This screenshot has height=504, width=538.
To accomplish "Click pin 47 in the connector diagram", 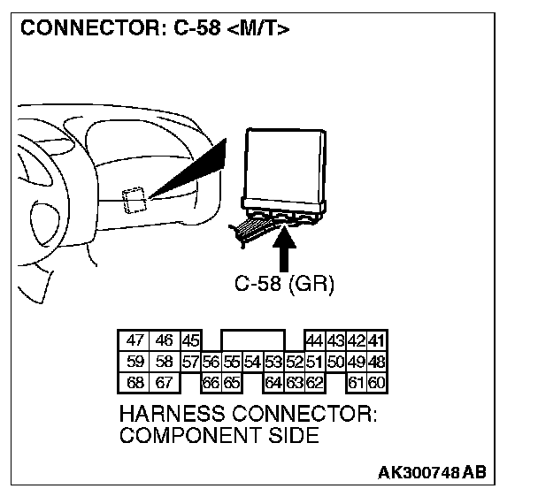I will (x=135, y=341).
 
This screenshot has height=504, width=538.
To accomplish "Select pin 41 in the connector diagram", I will (x=376, y=341).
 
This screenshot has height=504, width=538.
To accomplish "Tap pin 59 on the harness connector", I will (x=135, y=362).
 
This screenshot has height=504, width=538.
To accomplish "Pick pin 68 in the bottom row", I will (x=135, y=383).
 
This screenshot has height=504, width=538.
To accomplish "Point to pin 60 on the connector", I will (x=376, y=383).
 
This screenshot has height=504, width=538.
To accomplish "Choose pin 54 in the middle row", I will (x=252, y=362).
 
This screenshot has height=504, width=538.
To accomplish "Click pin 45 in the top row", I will (x=190, y=341).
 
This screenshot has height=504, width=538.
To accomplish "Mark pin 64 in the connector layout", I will (x=273, y=383).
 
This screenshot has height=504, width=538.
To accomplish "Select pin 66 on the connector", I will (x=211, y=383).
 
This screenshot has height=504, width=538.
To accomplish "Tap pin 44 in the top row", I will (x=314, y=341).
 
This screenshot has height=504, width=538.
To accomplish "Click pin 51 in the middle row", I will (x=314, y=362).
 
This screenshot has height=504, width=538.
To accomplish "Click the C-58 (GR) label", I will (x=284, y=285).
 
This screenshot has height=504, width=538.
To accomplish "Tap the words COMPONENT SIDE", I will (x=219, y=435).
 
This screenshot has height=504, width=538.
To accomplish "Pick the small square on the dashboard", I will (x=134, y=201).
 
